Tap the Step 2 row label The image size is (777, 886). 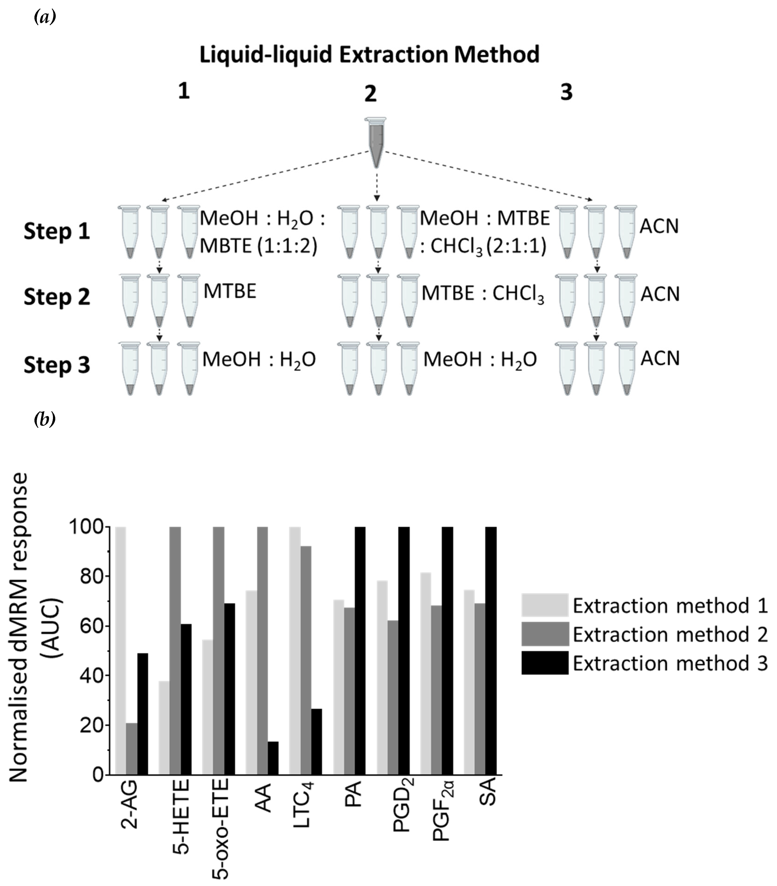56,297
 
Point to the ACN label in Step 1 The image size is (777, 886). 659,226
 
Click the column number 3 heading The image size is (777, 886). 566,92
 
